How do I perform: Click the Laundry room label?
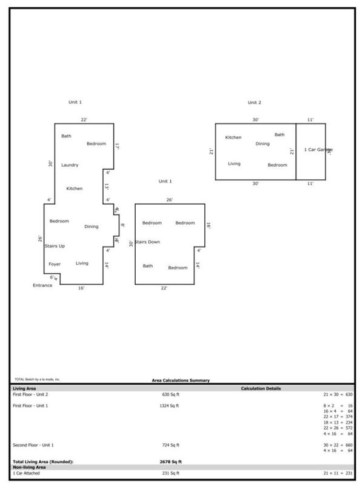coord(70,165)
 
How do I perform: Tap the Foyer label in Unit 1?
coord(55,265)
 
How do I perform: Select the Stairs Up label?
coord(55,246)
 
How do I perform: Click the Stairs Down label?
coord(147,242)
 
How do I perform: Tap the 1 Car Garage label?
coord(318,150)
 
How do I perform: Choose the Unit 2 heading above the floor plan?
coord(254,103)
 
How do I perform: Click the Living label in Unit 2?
coord(234,164)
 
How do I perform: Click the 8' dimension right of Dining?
coord(122,225)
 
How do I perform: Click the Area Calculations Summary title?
coord(181,380)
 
